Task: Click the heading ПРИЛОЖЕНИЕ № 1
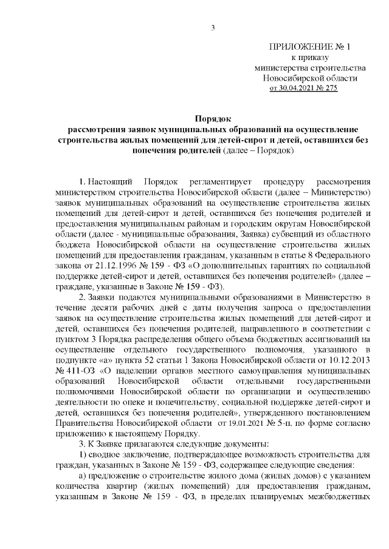310,47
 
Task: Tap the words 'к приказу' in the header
310,58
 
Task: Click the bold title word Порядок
213,119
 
